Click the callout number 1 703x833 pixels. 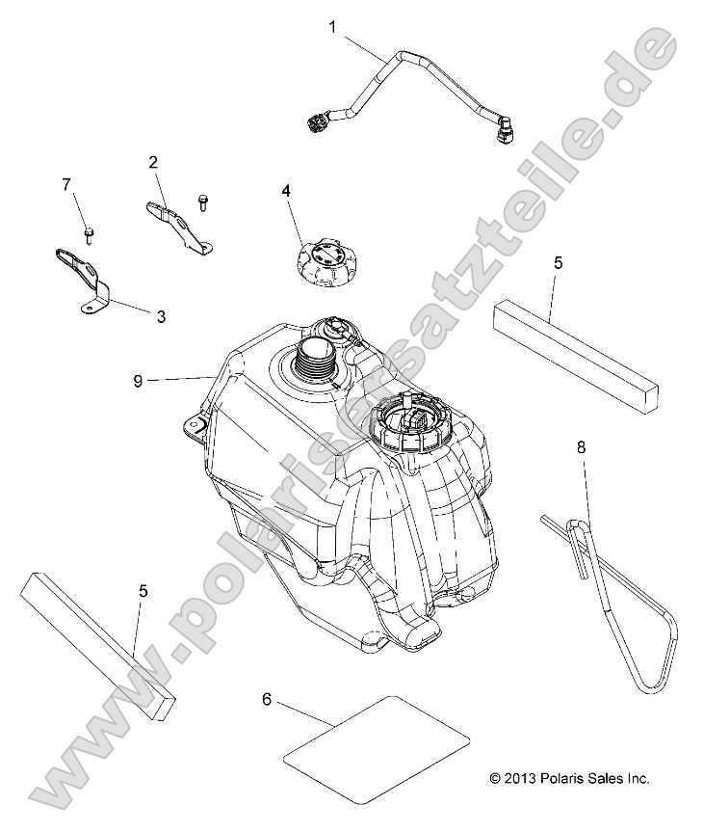(332, 27)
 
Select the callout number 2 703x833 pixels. (153, 162)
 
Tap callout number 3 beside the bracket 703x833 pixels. (161, 316)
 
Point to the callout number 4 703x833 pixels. (286, 191)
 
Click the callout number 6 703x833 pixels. (267, 700)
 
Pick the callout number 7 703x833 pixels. (66, 184)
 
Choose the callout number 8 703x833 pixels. (582, 448)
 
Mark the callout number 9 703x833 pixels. (138, 381)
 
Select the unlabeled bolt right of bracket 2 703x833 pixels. (202, 202)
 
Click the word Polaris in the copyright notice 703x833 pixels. (560, 778)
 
